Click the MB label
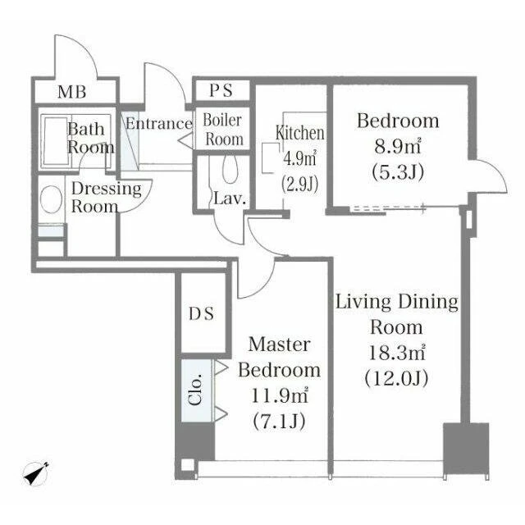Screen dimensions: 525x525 [71, 92]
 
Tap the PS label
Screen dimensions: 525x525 [221, 90]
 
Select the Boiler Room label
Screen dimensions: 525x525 [223, 130]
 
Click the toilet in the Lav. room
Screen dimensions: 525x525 [230, 169]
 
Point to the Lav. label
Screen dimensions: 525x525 [230, 199]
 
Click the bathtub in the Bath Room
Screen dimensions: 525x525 [57, 140]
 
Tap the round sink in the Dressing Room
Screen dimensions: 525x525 [51, 199]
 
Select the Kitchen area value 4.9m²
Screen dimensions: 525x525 [300, 158]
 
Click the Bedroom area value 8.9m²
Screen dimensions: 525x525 [397, 146]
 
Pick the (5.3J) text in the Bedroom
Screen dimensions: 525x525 [398, 172]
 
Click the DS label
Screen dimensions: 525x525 [201, 313]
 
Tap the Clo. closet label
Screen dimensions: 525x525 [195, 390]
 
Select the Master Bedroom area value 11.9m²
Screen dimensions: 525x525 [279, 396]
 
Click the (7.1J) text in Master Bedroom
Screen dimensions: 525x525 [279, 422]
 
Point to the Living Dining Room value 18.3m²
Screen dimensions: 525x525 [397, 353]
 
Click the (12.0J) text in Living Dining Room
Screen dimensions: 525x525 [396, 379]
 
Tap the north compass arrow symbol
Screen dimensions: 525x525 [35, 473]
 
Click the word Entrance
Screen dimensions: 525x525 [159, 124]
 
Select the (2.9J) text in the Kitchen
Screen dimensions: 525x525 [300, 184]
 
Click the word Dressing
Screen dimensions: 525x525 [107, 189]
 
